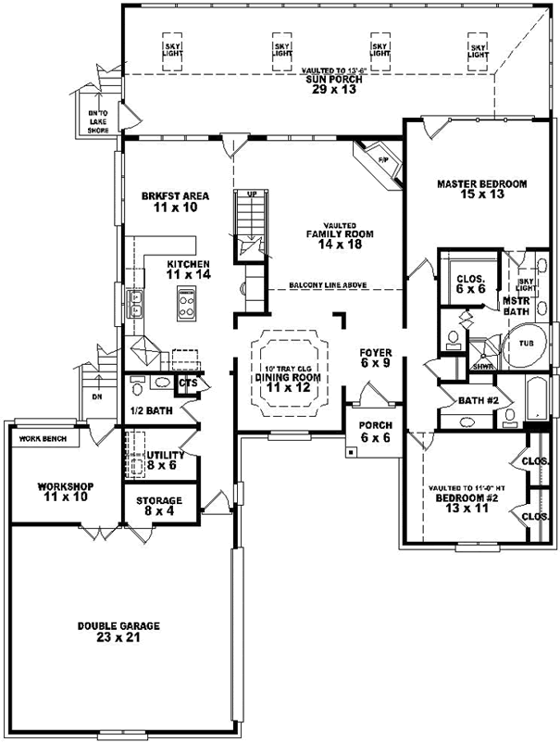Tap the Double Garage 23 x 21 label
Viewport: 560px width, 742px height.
pos(118,633)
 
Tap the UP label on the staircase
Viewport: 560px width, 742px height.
pos(250,195)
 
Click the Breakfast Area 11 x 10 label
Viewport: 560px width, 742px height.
pos(175,202)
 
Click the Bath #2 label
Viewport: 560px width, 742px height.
pos(479,400)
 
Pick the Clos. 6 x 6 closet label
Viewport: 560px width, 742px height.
pos(467,283)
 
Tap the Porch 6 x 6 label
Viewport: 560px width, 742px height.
pos(377,433)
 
